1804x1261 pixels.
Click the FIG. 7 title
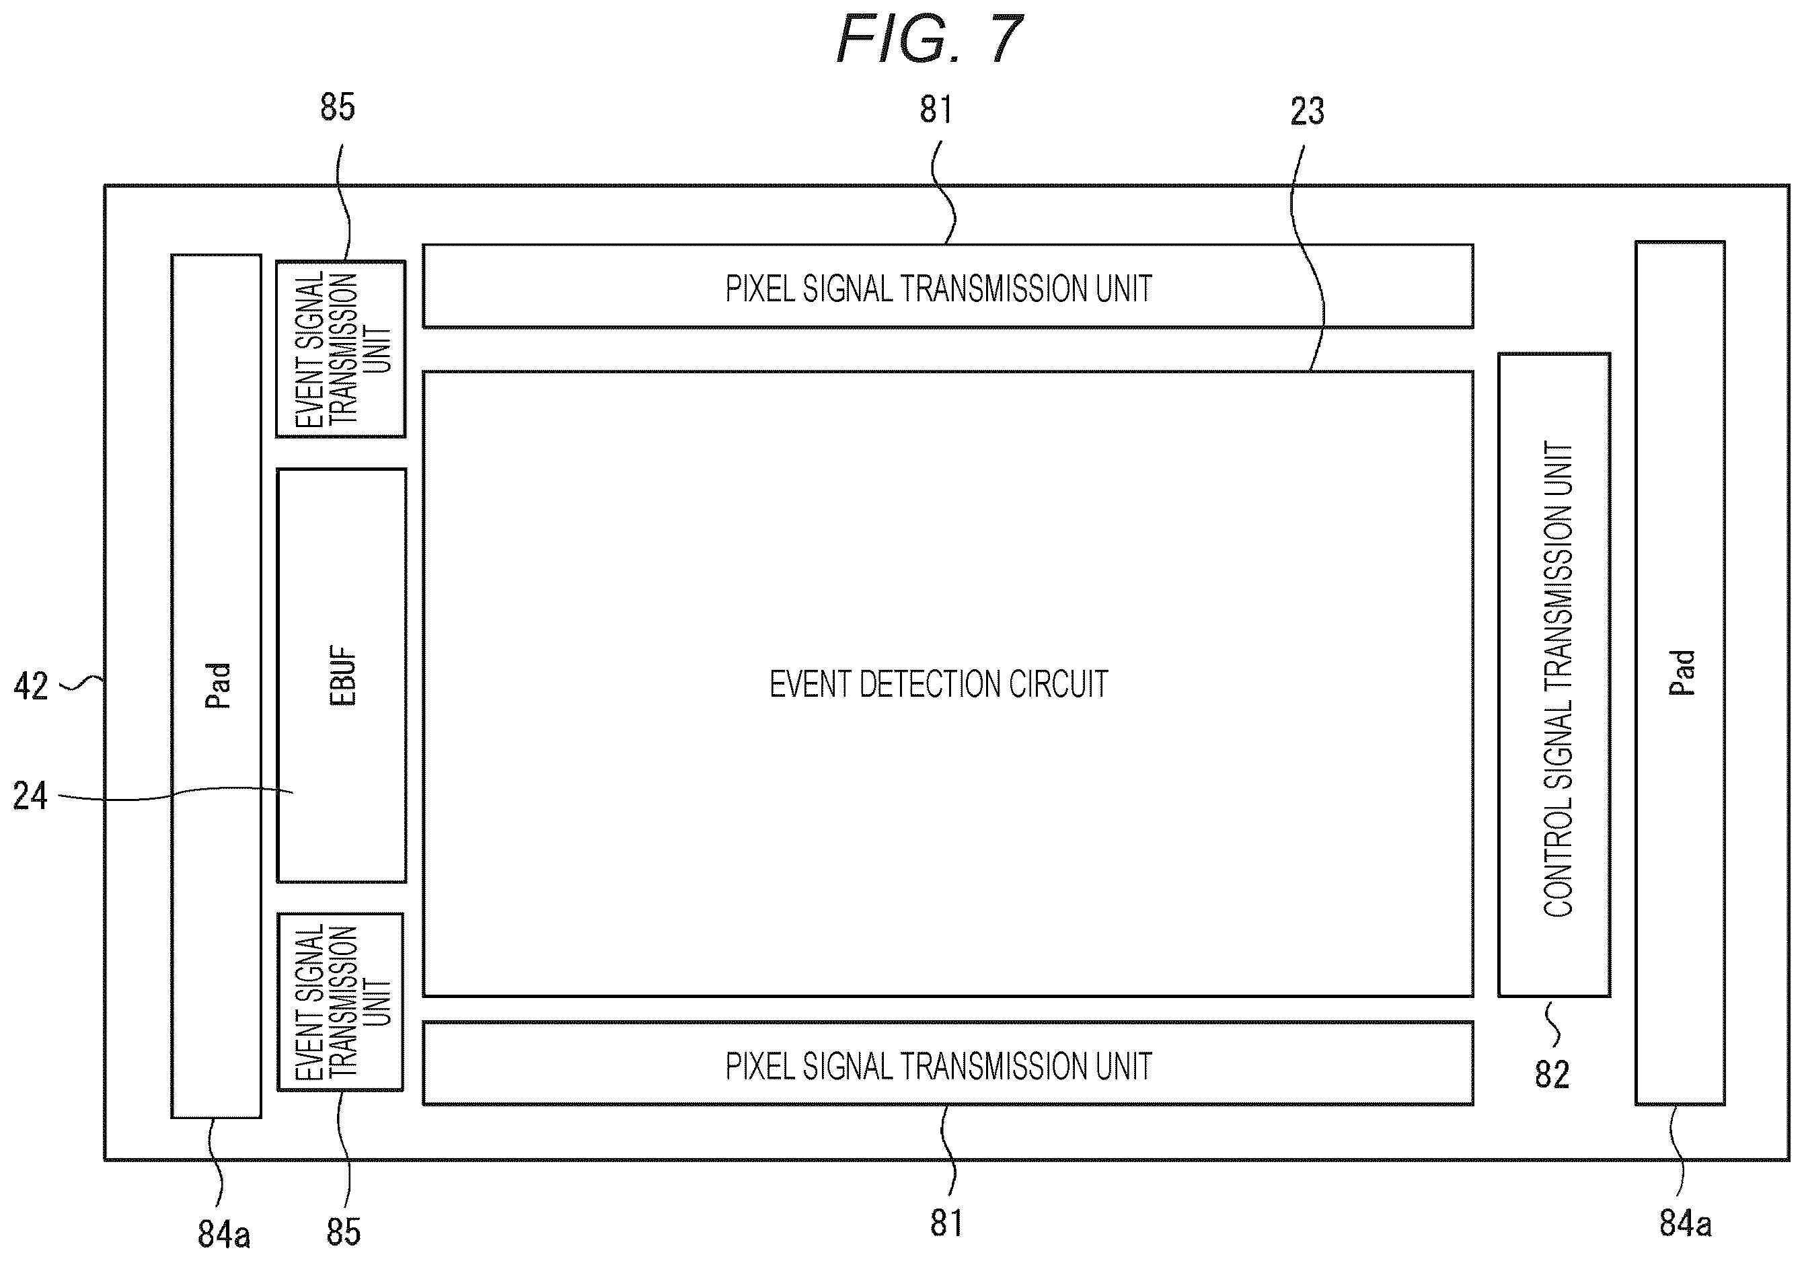pyautogui.click(x=930, y=38)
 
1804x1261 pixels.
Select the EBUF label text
pyautogui.click(x=342, y=677)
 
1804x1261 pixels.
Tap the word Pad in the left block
pyautogui.click(x=218, y=685)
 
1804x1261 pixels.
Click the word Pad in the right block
pyautogui.click(x=1682, y=673)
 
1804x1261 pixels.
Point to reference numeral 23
pyautogui.click(x=1307, y=112)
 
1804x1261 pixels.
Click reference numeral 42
pyautogui.click(x=31, y=686)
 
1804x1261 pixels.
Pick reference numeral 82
pyautogui.click(x=1552, y=1075)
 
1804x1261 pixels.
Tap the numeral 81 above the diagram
pyautogui.click(x=936, y=109)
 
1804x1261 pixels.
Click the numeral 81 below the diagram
pyautogui.click(x=946, y=1223)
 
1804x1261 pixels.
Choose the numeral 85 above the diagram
pyautogui.click(x=338, y=107)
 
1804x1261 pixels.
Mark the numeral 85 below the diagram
pyautogui.click(x=343, y=1232)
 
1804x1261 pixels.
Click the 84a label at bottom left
pyautogui.click(x=224, y=1234)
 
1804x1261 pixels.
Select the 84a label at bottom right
pyautogui.click(x=1686, y=1223)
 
